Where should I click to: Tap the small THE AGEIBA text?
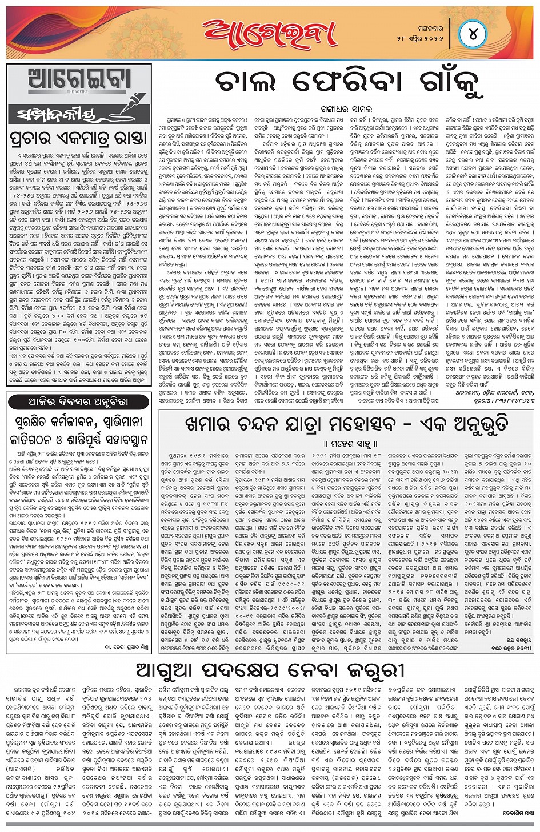pos(78,91)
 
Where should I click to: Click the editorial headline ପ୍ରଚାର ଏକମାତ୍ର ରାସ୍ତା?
pos(79,138)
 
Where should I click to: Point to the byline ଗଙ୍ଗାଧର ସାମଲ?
pos(346,108)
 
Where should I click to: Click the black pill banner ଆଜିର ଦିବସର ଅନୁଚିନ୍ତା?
pos(78,402)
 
